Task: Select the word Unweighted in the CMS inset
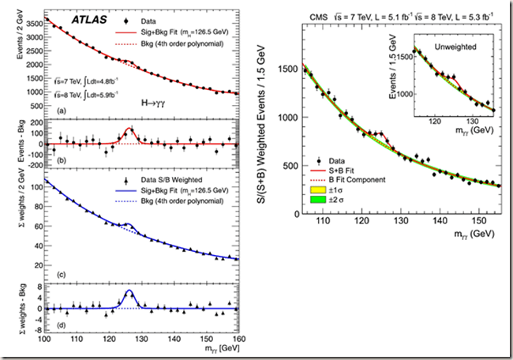461,47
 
